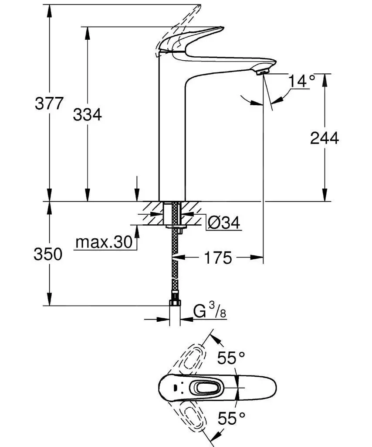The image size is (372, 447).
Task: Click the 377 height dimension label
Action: click(x=49, y=104)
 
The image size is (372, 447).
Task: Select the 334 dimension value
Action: click(x=87, y=115)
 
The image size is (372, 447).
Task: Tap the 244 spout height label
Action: click(x=324, y=138)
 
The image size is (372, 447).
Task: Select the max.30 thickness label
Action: click(x=104, y=242)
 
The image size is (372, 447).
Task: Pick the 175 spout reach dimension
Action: click(x=216, y=258)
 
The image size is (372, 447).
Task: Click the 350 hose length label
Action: click(x=48, y=254)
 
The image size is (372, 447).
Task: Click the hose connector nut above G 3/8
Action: click(x=175, y=304)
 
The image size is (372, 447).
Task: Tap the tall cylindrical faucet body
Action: click(x=172, y=131)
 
